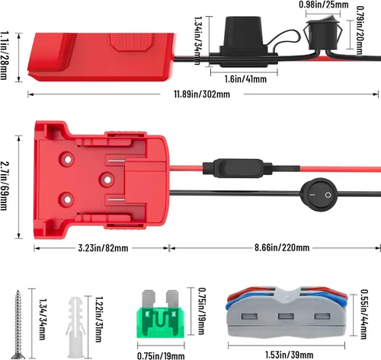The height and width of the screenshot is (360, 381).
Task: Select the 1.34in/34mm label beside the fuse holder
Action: click(x=198, y=34)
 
